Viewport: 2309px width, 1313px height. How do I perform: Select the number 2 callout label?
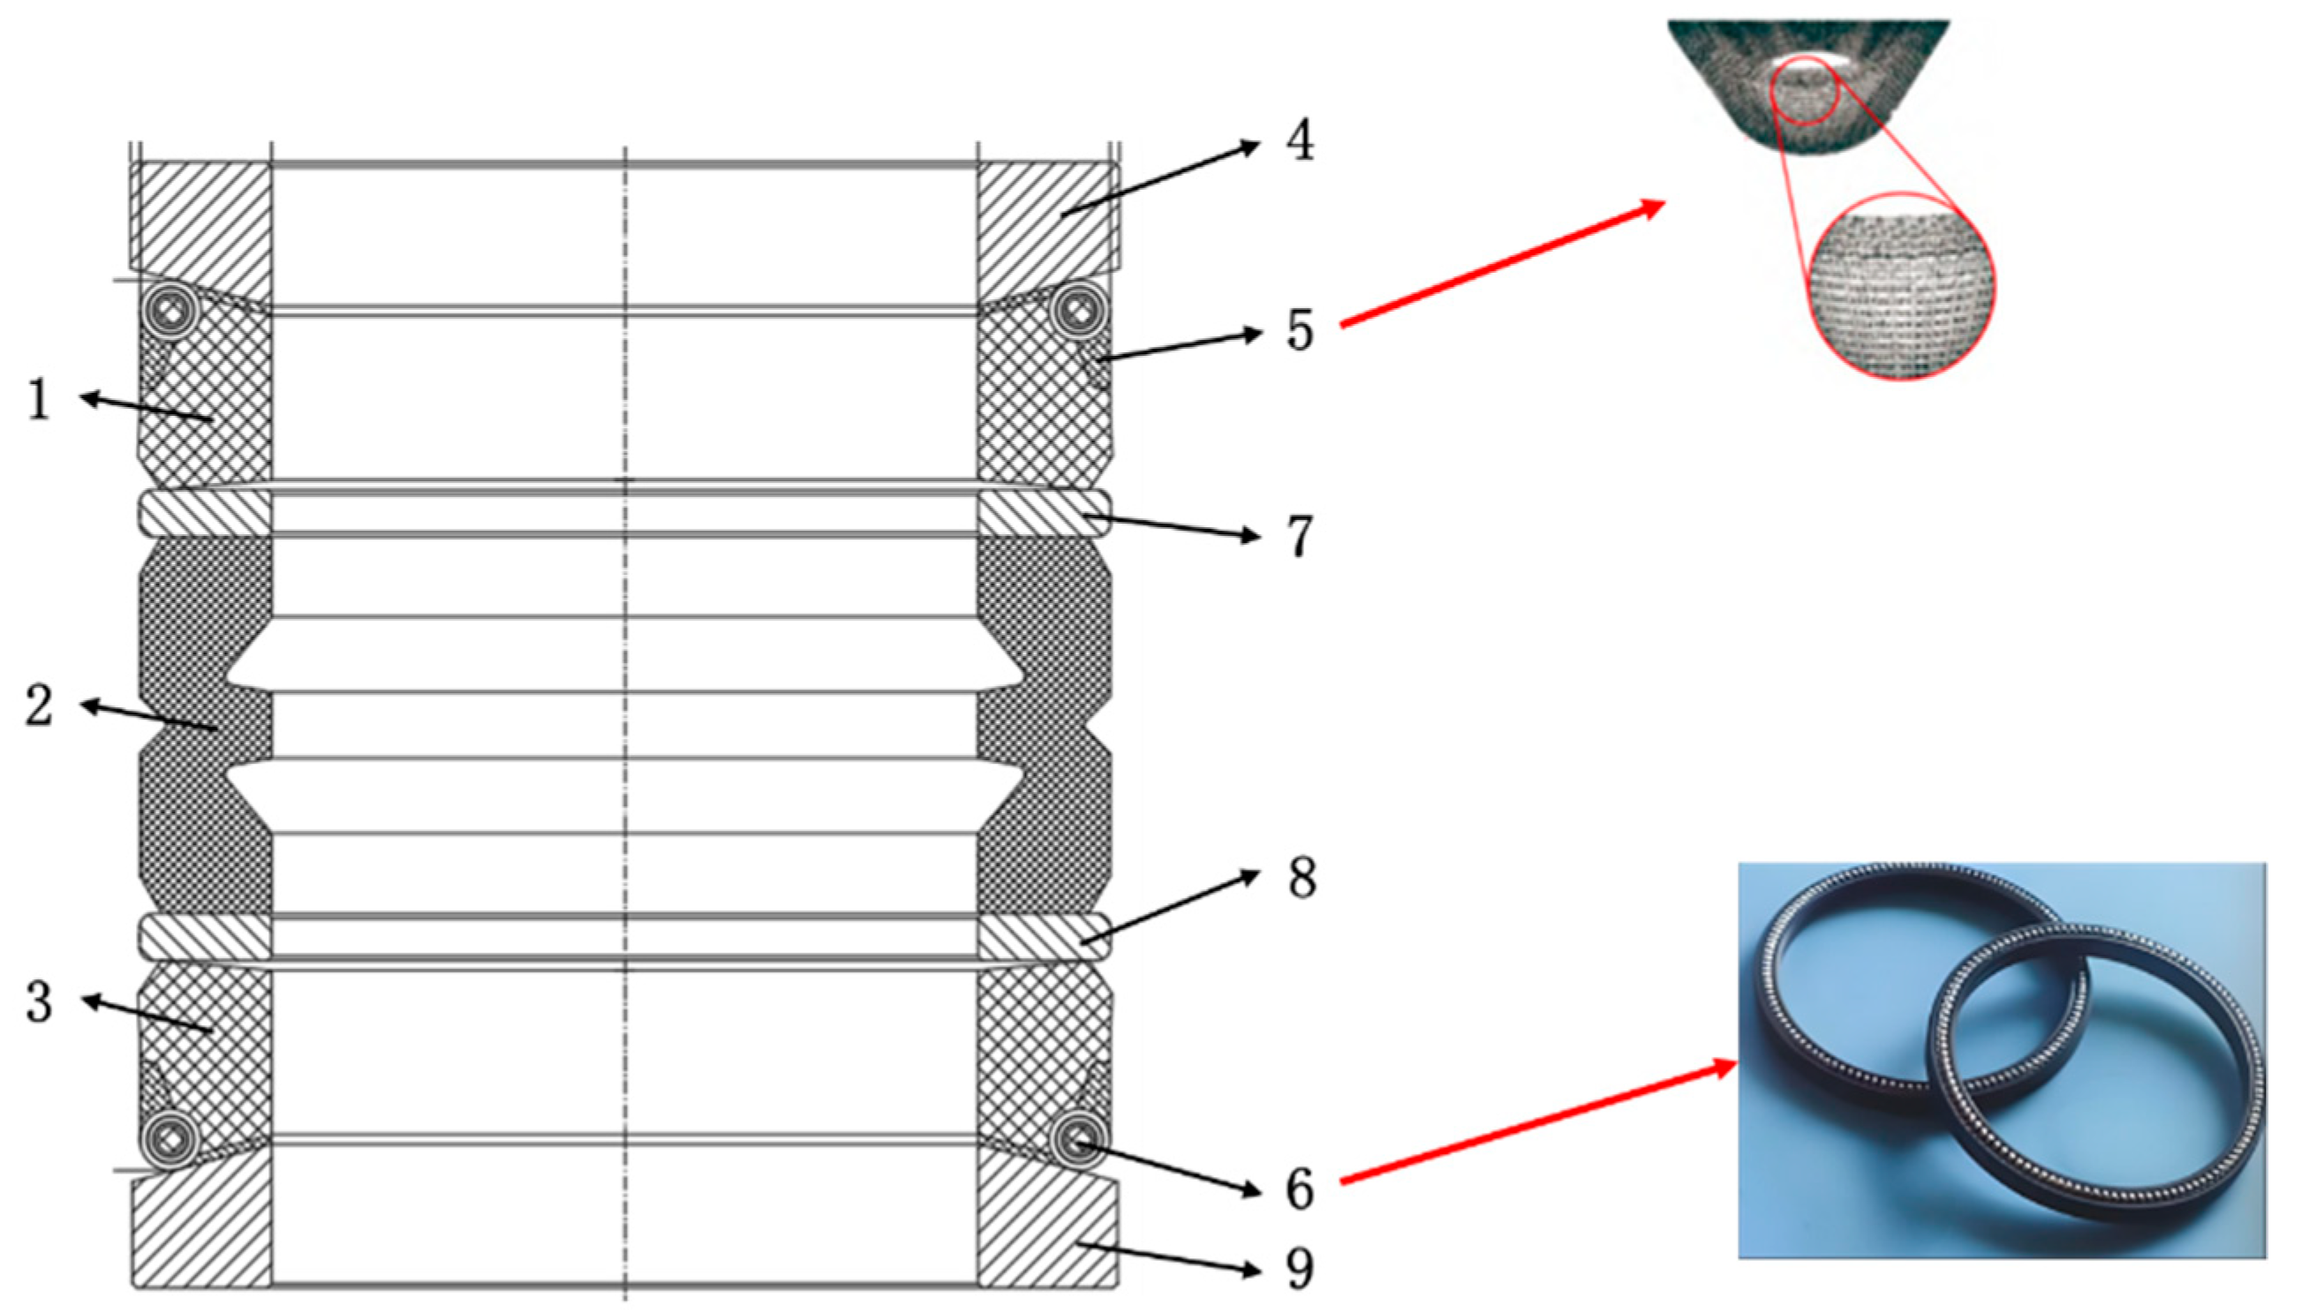click(38, 706)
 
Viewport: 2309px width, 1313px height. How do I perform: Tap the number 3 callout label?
click(38, 1002)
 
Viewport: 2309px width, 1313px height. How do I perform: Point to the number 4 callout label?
click(1299, 141)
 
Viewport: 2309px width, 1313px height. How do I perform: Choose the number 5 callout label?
click(1299, 330)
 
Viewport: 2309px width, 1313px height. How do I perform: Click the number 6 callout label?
click(1299, 1189)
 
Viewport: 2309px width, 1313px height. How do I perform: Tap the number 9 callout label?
click(1299, 1269)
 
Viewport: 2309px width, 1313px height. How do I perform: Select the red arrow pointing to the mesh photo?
click(1502, 262)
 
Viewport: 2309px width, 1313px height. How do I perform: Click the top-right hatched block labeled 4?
click(1045, 221)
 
